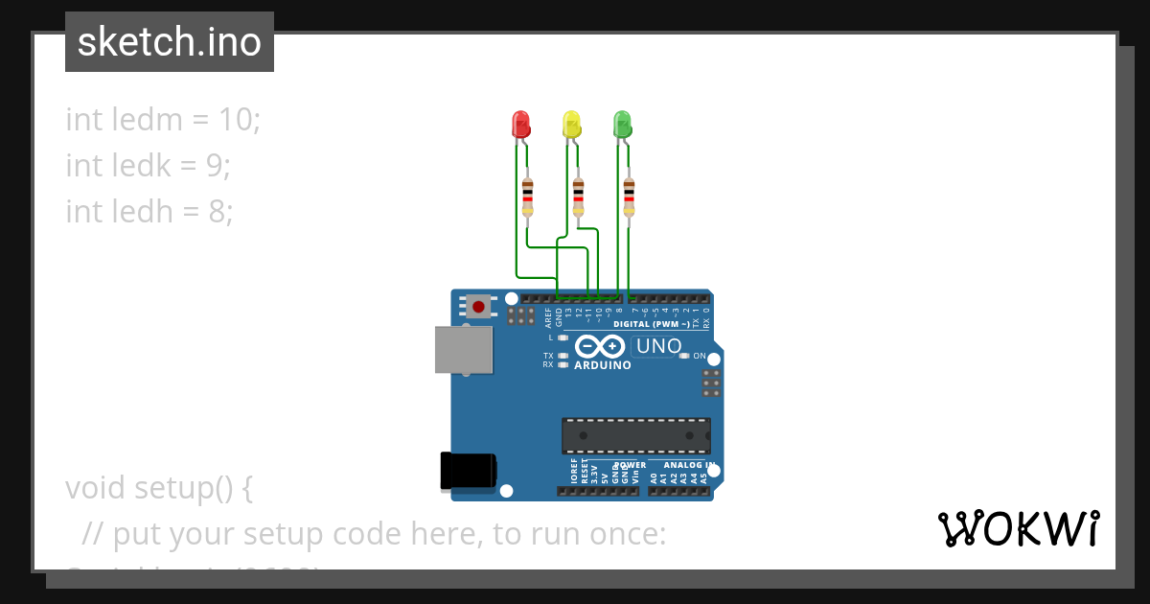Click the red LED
click(x=521, y=125)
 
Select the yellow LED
click(x=571, y=125)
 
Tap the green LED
click(x=622, y=125)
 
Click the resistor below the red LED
click(x=527, y=197)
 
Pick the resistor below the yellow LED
click(x=578, y=197)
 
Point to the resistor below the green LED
click(x=629, y=197)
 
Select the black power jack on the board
click(x=467, y=471)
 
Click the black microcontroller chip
click(x=636, y=435)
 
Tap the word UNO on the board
click(x=659, y=346)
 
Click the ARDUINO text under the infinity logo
click(x=603, y=365)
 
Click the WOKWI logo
click(x=1018, y=529)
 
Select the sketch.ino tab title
click(x=170, y=42)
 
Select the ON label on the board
click(x=700, y=356)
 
